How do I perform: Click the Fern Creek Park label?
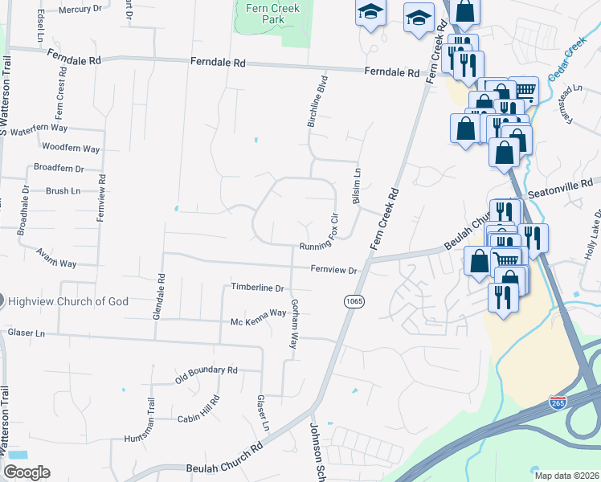pos(263,13)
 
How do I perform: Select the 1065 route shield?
pos(354,300)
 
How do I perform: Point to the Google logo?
pos(27,472)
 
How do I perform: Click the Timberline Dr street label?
pos(258,287)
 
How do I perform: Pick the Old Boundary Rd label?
pos(207,370)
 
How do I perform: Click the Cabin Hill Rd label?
pos(199,406)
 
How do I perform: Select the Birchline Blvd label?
pos(318,101)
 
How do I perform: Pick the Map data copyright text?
pos(567,475)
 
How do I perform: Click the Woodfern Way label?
pos(71,149)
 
